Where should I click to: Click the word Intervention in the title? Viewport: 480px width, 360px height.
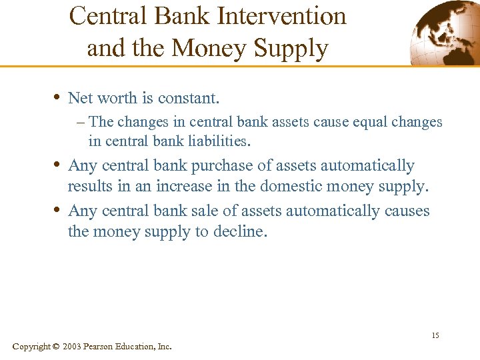287,16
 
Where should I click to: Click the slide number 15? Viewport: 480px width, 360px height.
435,335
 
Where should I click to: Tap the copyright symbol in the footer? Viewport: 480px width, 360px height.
56,347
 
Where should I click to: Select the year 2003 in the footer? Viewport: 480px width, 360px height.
72,347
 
